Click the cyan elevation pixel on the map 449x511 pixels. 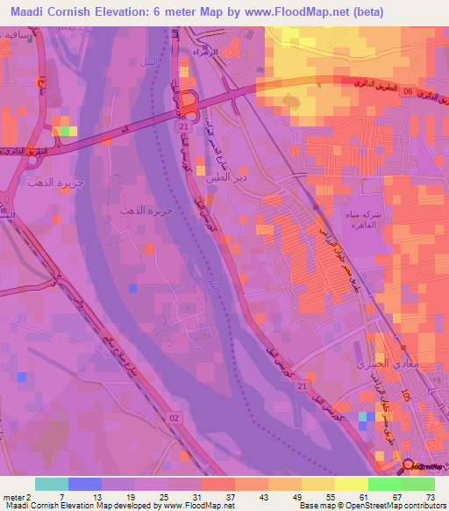[363, 416]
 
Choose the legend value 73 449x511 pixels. [431, 497]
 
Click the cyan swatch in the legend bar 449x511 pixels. [52, 484]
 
